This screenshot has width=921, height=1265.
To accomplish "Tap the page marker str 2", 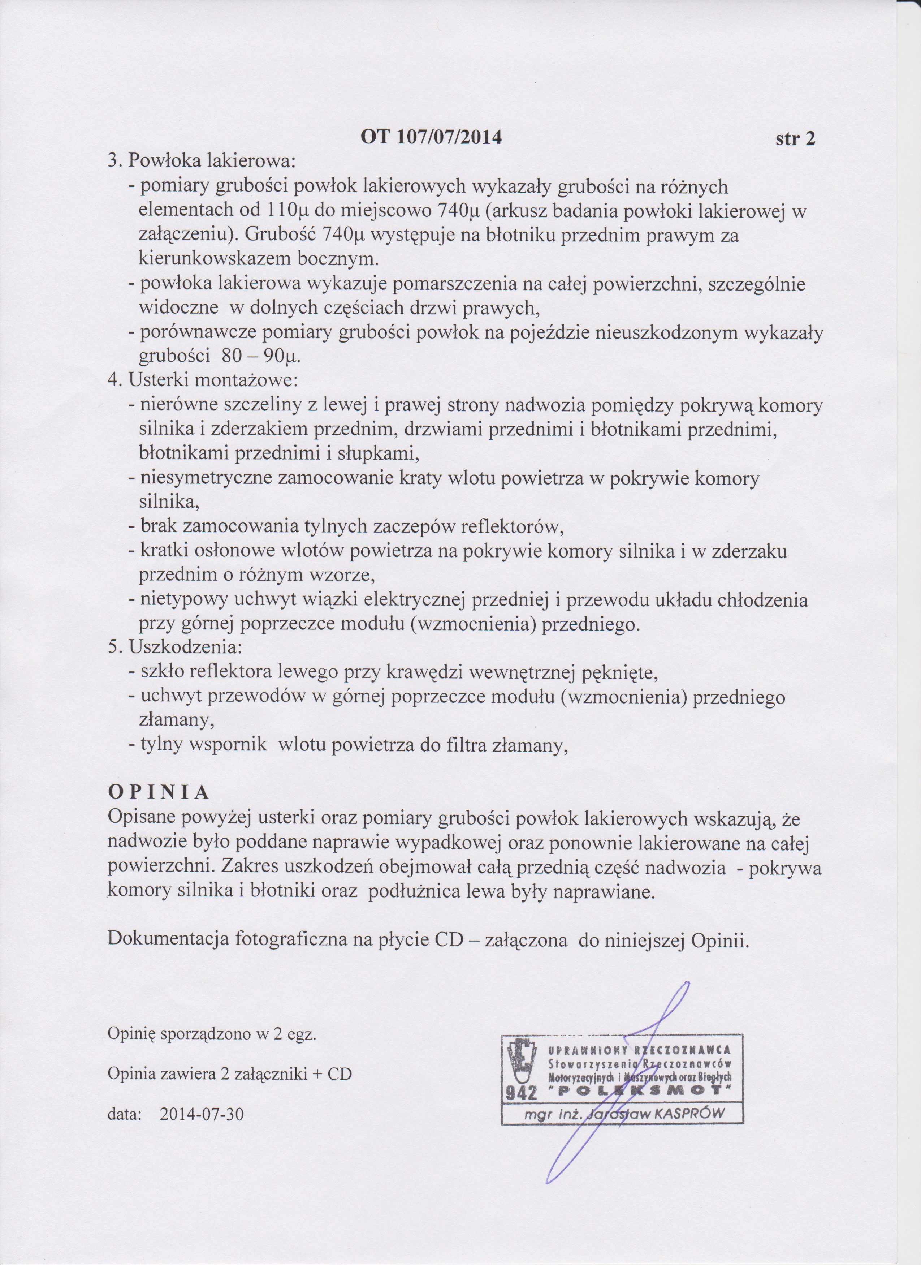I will point(795,138).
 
